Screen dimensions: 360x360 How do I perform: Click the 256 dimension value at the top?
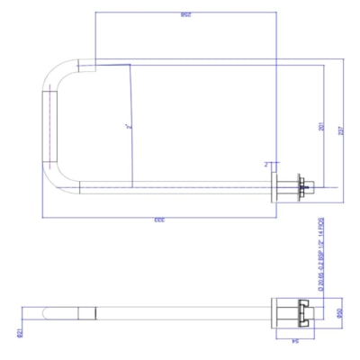point(185,15)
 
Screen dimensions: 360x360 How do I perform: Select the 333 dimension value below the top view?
point(158,220)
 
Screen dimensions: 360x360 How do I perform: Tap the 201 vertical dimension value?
point(322,126)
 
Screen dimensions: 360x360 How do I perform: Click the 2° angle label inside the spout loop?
point(130,129)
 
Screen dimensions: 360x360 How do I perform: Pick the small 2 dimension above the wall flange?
point(266,165)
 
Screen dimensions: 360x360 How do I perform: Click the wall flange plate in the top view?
point(279,187)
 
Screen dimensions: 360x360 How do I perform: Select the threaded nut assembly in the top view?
point(301,187)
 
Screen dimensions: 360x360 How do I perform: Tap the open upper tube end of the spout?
point(87,66)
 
